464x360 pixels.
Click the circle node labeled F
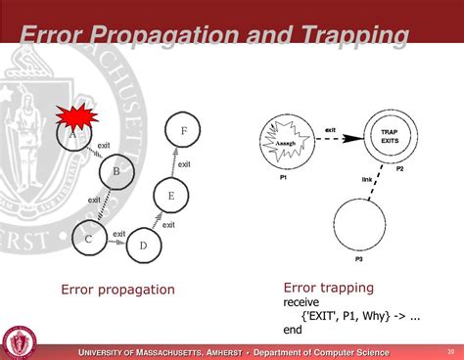tap(182, 129)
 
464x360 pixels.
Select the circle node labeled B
tap(116, 173)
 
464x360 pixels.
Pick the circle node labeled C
tap(89, 237)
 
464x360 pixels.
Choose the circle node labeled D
tap(143, 244)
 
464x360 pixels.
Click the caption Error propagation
tap(117, 290)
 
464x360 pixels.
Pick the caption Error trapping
tap(328, 288)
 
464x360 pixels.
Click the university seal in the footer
tap(21, 342)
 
